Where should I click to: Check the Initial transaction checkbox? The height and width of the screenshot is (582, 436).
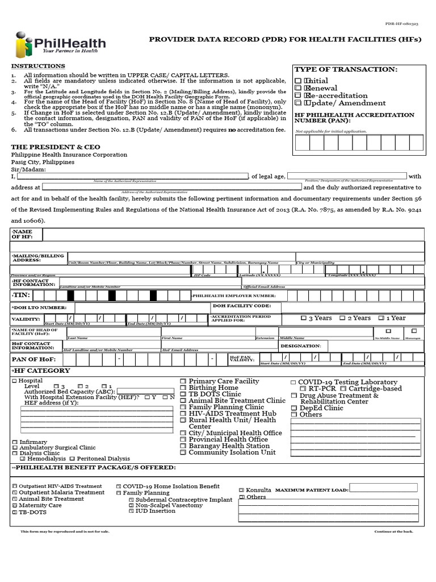click(x=298, y=81)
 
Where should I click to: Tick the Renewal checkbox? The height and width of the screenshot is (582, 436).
click(x=298, y=89)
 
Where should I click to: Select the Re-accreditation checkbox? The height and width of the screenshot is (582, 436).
click(x=298, y=96)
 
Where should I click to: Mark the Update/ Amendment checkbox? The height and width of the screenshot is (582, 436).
click(x=298, y=103)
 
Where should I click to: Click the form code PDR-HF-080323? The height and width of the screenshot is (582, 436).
click(x=402, y=24)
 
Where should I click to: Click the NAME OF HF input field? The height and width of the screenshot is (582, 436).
click(x=233, y=234)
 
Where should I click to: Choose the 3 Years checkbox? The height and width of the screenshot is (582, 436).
click(x=304, y=318)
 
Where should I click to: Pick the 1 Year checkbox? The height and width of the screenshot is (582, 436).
click(x=381, y=318)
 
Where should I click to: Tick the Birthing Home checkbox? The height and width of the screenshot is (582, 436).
click(x=183, y=388)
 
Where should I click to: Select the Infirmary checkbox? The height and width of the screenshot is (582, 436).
click(x=14, y=442)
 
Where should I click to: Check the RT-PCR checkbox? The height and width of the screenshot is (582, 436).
click(x=303, y=389)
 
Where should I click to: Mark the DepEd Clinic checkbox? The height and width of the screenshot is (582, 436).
click(x=294, y=408)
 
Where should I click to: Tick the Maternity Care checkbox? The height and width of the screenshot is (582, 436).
click(x=14, y=505)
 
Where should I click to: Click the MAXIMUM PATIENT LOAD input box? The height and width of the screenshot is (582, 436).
click(x=383, y=488)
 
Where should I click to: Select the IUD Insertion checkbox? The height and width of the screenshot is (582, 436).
click(x=131, y=511)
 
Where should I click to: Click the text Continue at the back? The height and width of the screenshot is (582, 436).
click(x=393, y=531)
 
